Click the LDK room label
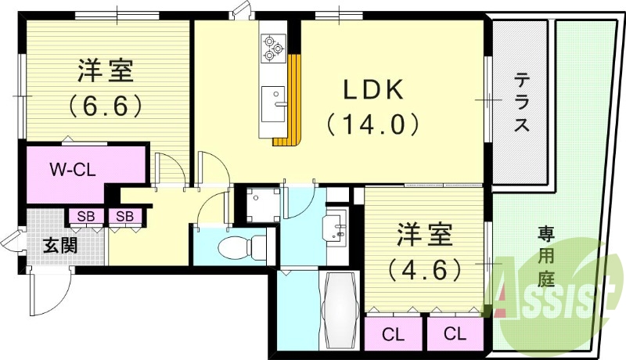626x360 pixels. (x=373, y=91)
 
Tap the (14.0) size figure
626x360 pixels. (x=373, y=125)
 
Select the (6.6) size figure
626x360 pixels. (x=105, y=105)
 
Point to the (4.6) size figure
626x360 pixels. (x=424, y=270)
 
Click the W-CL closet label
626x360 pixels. (x=73, y=171)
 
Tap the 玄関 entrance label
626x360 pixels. (x=60, y=245)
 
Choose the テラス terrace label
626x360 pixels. (x=521, y=102)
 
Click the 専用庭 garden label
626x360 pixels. (x=545, y=257)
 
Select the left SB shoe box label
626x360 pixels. (x=86, y=216)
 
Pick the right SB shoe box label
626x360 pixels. (x=124, y=216)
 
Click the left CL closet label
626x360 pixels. (x=394, y=334)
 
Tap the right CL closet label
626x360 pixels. (x=455, y=333)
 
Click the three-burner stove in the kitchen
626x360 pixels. (x=273, y=49)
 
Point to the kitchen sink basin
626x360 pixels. (x=273, y=104)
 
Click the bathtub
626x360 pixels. (x=339, y=310)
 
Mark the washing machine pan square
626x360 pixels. (x=263, y=205)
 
